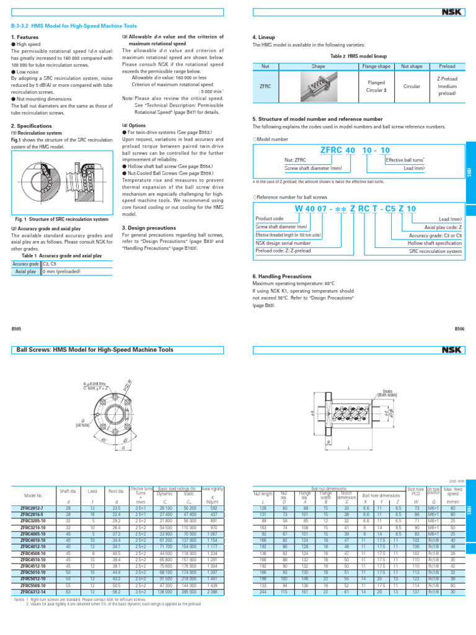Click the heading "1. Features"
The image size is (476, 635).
point(24,37)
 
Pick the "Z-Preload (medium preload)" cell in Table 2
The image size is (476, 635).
point(446,87)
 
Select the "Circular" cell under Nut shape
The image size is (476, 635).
point(412,87)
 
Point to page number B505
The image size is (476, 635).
point(17,329)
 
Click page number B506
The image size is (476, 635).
point(459,329)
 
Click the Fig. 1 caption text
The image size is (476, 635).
point(61,220)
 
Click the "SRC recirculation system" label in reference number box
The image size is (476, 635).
point(435,251)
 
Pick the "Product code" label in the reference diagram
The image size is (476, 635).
point(270,219)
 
